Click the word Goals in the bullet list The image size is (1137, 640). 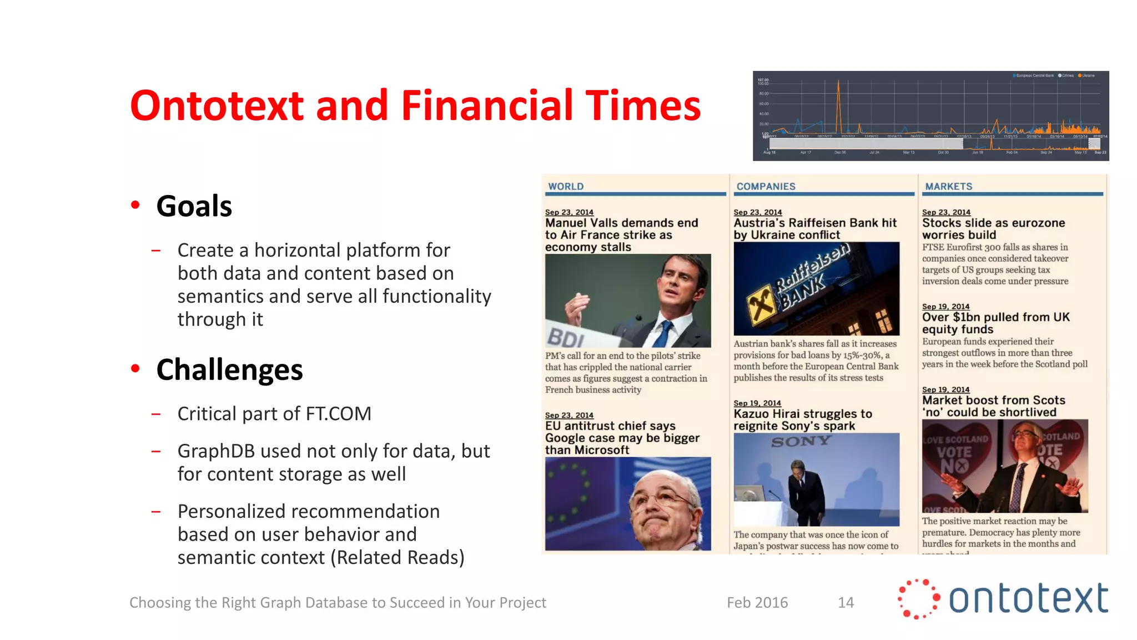(194, 206)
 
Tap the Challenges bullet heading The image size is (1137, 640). (229, 370)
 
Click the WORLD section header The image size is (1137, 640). (566, 187)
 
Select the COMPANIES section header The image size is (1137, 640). (766, 187)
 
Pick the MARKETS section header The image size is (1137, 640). (948, 187)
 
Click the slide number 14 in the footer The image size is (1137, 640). (846, 602)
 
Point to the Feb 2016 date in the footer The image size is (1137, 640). (757, 602)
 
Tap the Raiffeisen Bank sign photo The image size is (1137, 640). (816, 288)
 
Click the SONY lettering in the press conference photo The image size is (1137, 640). (801, 442)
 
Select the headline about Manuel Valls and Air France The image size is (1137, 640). (621, 235)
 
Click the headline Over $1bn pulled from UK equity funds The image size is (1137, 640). (995, 323)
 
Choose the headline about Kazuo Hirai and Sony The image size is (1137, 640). (802, 420)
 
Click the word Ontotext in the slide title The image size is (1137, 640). (217, 106)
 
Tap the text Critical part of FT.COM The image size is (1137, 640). (274, 414)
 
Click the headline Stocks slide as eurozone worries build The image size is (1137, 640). (993, 229)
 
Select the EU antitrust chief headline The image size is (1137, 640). (622, 438)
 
